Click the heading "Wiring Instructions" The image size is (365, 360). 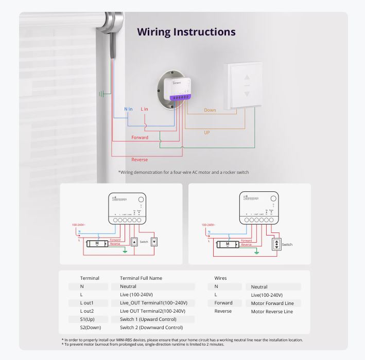point(186,32)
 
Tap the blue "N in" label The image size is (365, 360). point(128,109)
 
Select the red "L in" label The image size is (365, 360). point(144,109)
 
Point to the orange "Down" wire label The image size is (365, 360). point(210,110)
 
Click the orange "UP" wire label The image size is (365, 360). point(206,132)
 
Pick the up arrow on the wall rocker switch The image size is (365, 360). point(247,78)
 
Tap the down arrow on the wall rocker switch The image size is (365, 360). point(247,94)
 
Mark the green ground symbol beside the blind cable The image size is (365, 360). point(102,94)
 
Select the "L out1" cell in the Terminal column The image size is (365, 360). point(86,303)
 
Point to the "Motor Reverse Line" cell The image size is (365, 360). point(272,312)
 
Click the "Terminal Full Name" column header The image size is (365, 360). point(141,278)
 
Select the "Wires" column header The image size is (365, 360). point(220,278)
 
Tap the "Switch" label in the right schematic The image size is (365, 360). point(287,244)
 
